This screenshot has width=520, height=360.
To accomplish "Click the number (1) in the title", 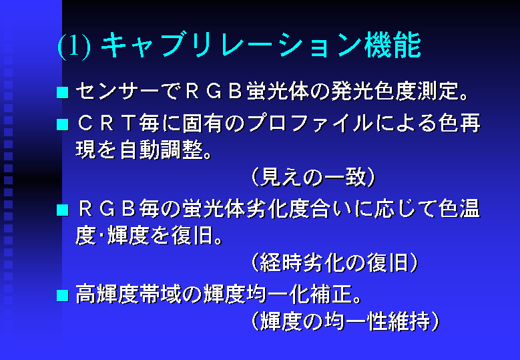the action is pyautogui.click(x=74, y=46).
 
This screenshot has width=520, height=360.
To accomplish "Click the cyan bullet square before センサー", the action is pyautogui.click(x=63, y=93).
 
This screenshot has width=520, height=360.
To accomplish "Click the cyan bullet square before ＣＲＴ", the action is pyautogui.click(x=63, y=125).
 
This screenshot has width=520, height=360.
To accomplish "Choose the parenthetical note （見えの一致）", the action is pyautogui.click(x=313, y=177).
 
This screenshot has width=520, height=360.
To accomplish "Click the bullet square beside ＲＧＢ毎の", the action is pyautogui.click(x=63, y=210).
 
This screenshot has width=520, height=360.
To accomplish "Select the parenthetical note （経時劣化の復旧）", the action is pyautogui.click(x=334, y=262).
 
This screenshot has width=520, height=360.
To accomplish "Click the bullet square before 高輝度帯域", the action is pyautogui.click(x=63, y=296).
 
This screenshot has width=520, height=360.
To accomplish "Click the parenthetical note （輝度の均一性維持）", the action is pyautogui.click(x=345, y=321).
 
